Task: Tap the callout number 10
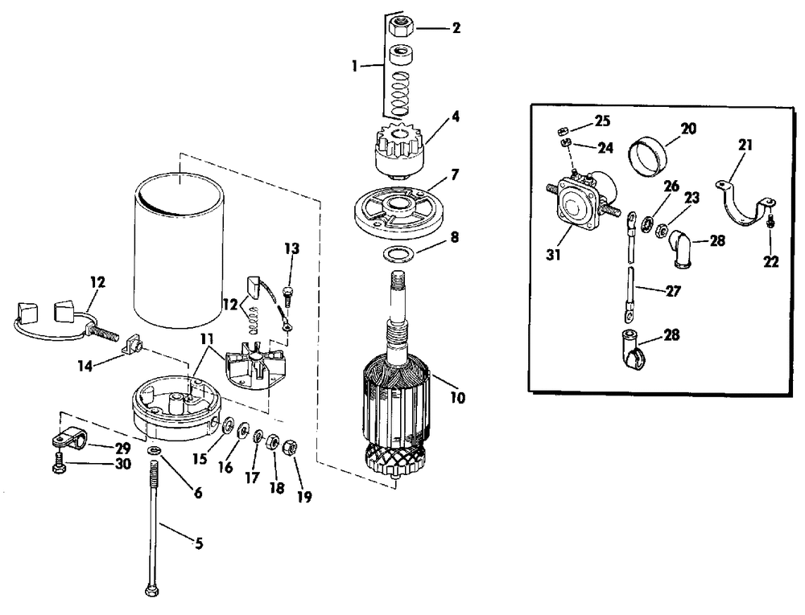459,396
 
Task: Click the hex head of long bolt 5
151,592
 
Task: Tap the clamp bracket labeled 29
67,440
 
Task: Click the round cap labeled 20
649,156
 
